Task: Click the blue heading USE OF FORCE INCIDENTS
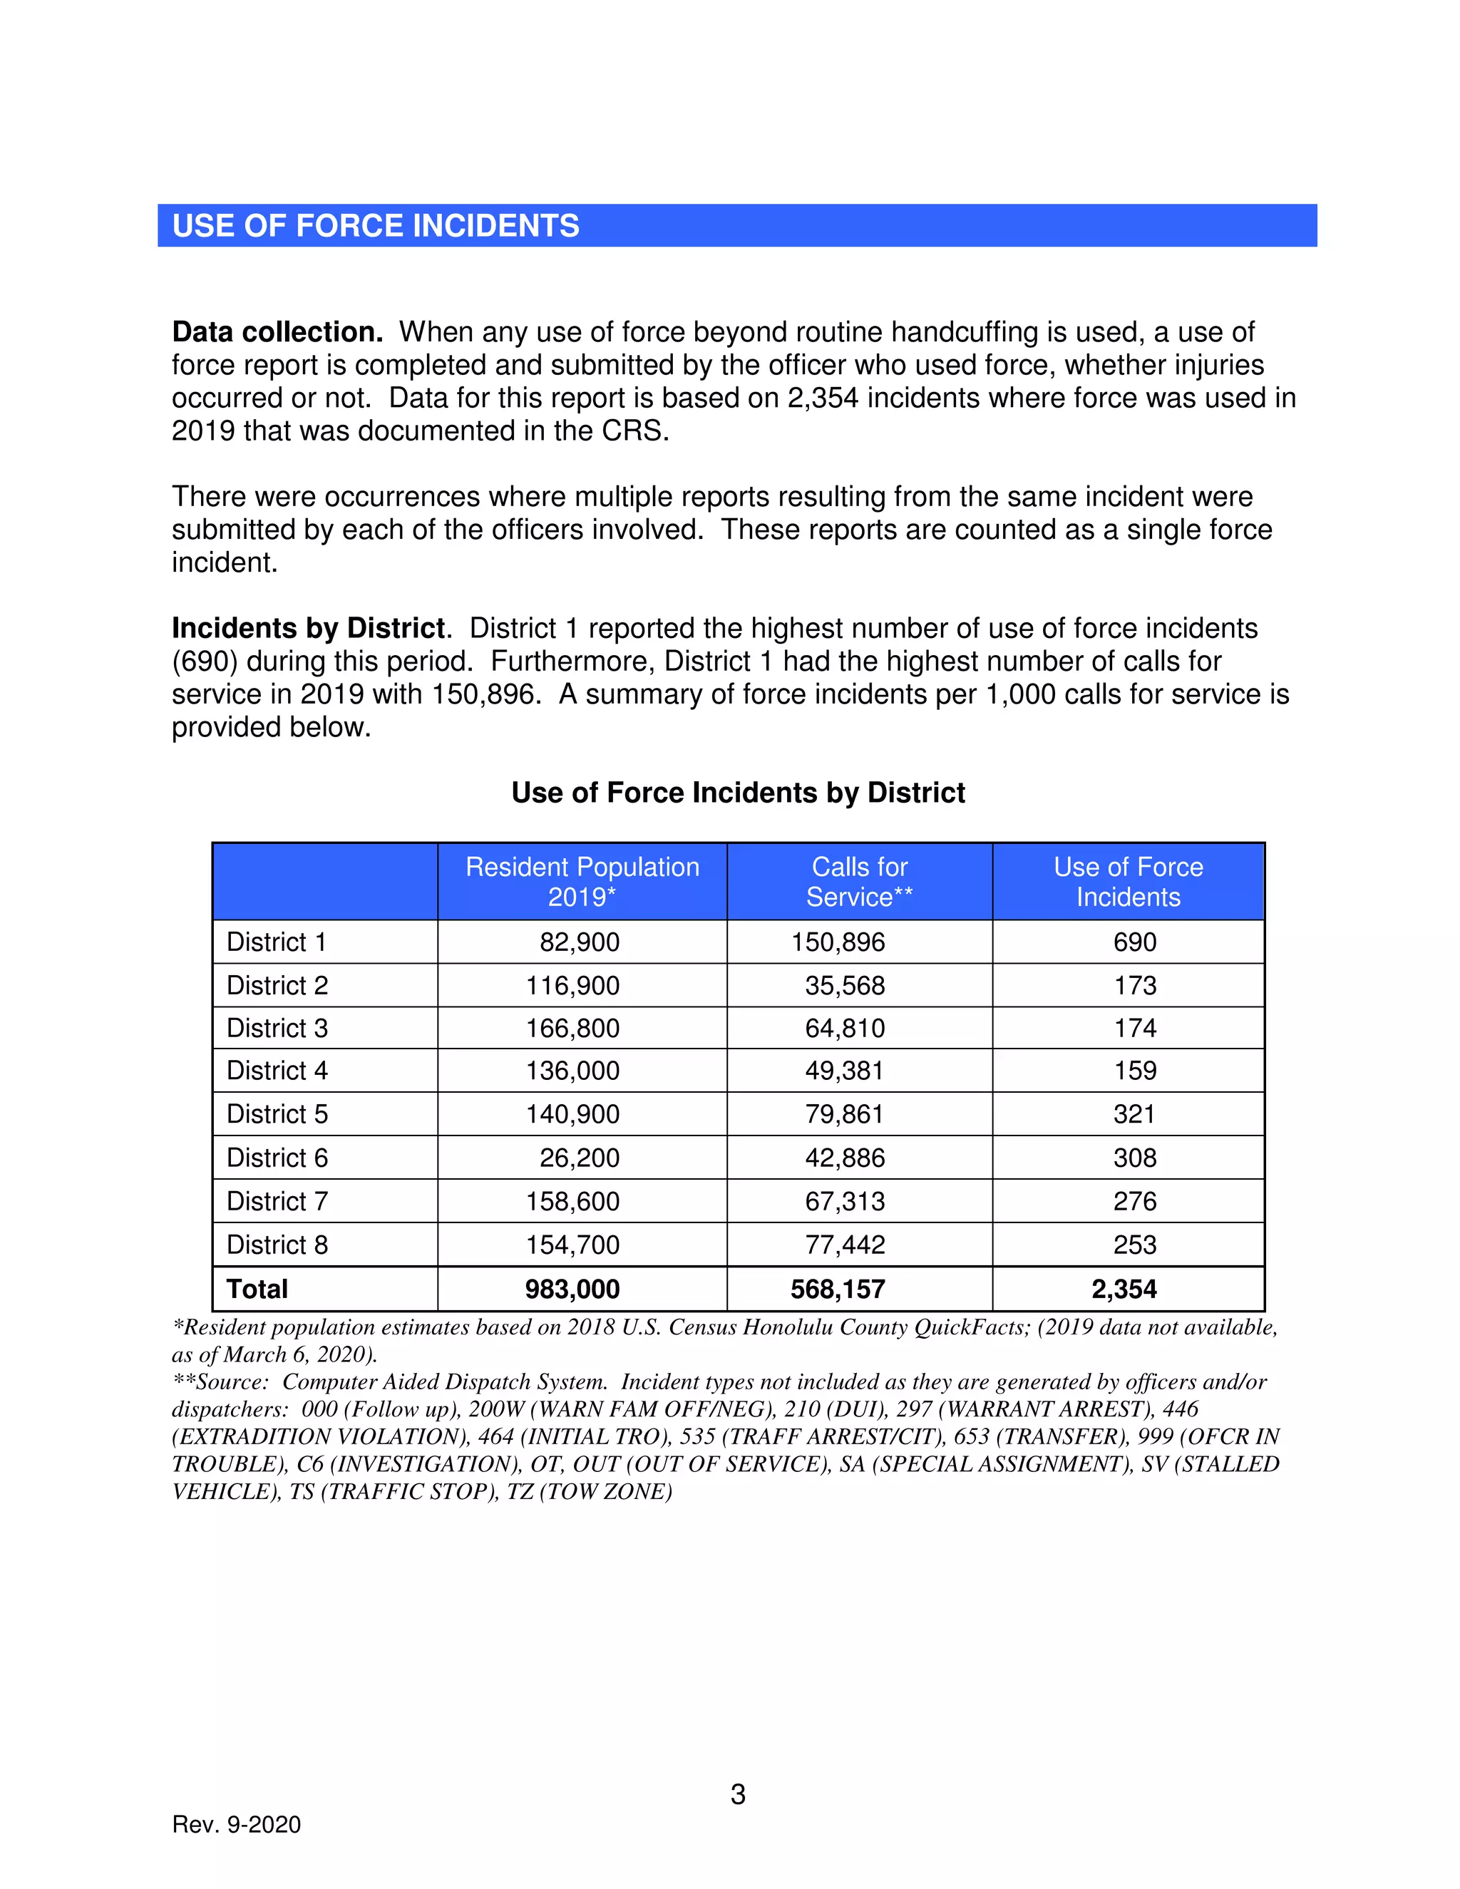376,226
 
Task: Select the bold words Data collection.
277,332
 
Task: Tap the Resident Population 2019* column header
582,881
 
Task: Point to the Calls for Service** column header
859,881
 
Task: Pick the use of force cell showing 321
1134,1114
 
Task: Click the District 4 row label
277,1071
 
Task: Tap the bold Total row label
257,1289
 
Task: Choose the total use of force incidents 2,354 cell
1124,1289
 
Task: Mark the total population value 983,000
572,1289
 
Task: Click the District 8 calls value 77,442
844,1245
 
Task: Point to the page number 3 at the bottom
738,1795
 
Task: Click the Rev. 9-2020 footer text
236,1824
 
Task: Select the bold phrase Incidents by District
309,628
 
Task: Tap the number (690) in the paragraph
204,661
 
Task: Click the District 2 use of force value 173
1134,985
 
